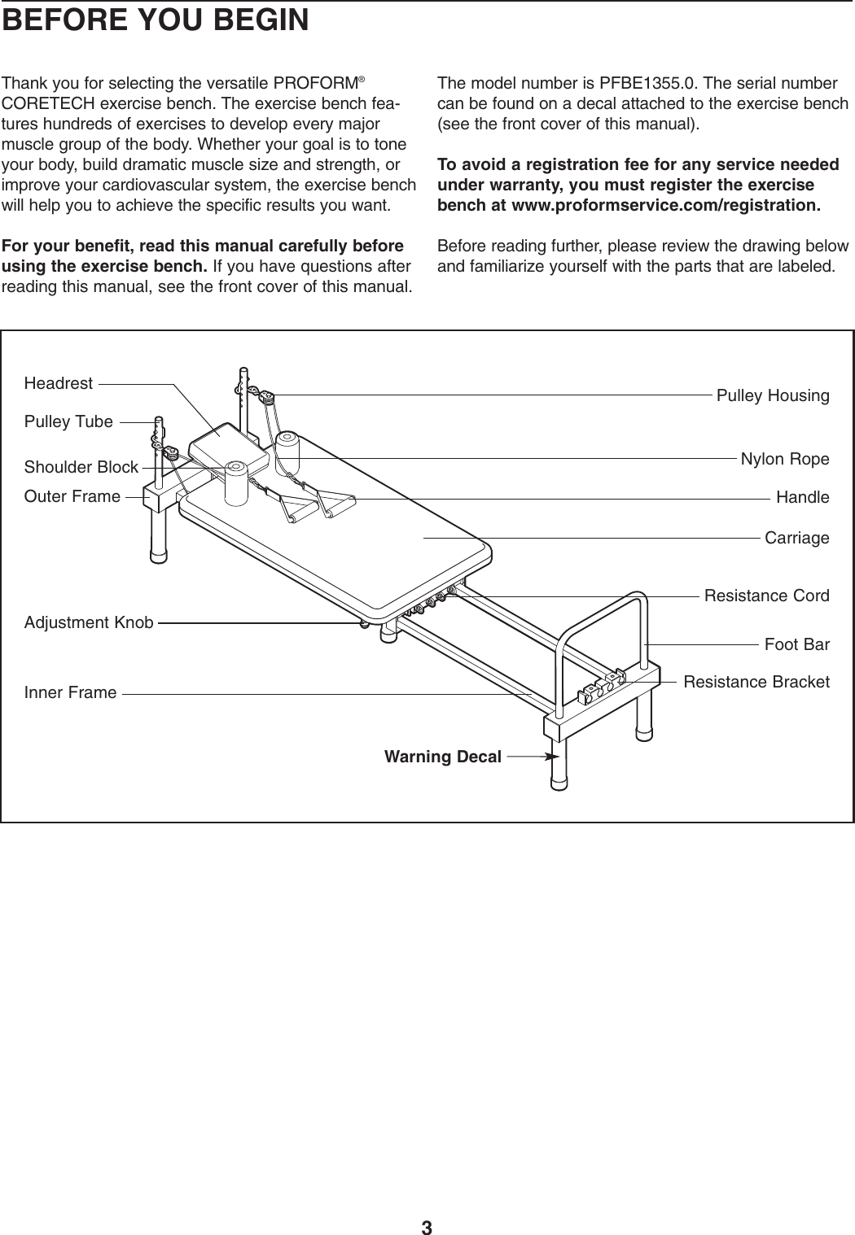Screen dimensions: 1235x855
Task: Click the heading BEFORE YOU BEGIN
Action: tap(156, 20)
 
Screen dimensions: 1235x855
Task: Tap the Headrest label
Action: tap(59, 383)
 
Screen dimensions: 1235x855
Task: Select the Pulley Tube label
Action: tap(68, 421)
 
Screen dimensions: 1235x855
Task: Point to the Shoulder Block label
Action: tap(81, 467)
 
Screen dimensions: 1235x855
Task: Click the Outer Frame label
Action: tap(72, 496)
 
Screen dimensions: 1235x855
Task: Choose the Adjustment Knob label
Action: tap(89, 623)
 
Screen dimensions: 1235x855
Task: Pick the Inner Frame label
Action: tap(71, 693)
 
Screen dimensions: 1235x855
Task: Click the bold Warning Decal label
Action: tap(442, 757)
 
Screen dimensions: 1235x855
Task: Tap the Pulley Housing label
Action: tap(773, 396)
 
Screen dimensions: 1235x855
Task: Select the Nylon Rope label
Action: tap(785, 459)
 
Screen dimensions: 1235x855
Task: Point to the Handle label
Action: tap(803, 497)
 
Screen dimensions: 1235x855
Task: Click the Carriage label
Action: tap(797, 538)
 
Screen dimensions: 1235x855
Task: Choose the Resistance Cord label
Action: tap(766, 596)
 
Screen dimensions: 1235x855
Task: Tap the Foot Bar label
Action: tap(797, 645)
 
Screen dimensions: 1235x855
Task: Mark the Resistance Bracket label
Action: tap(756, 682)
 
